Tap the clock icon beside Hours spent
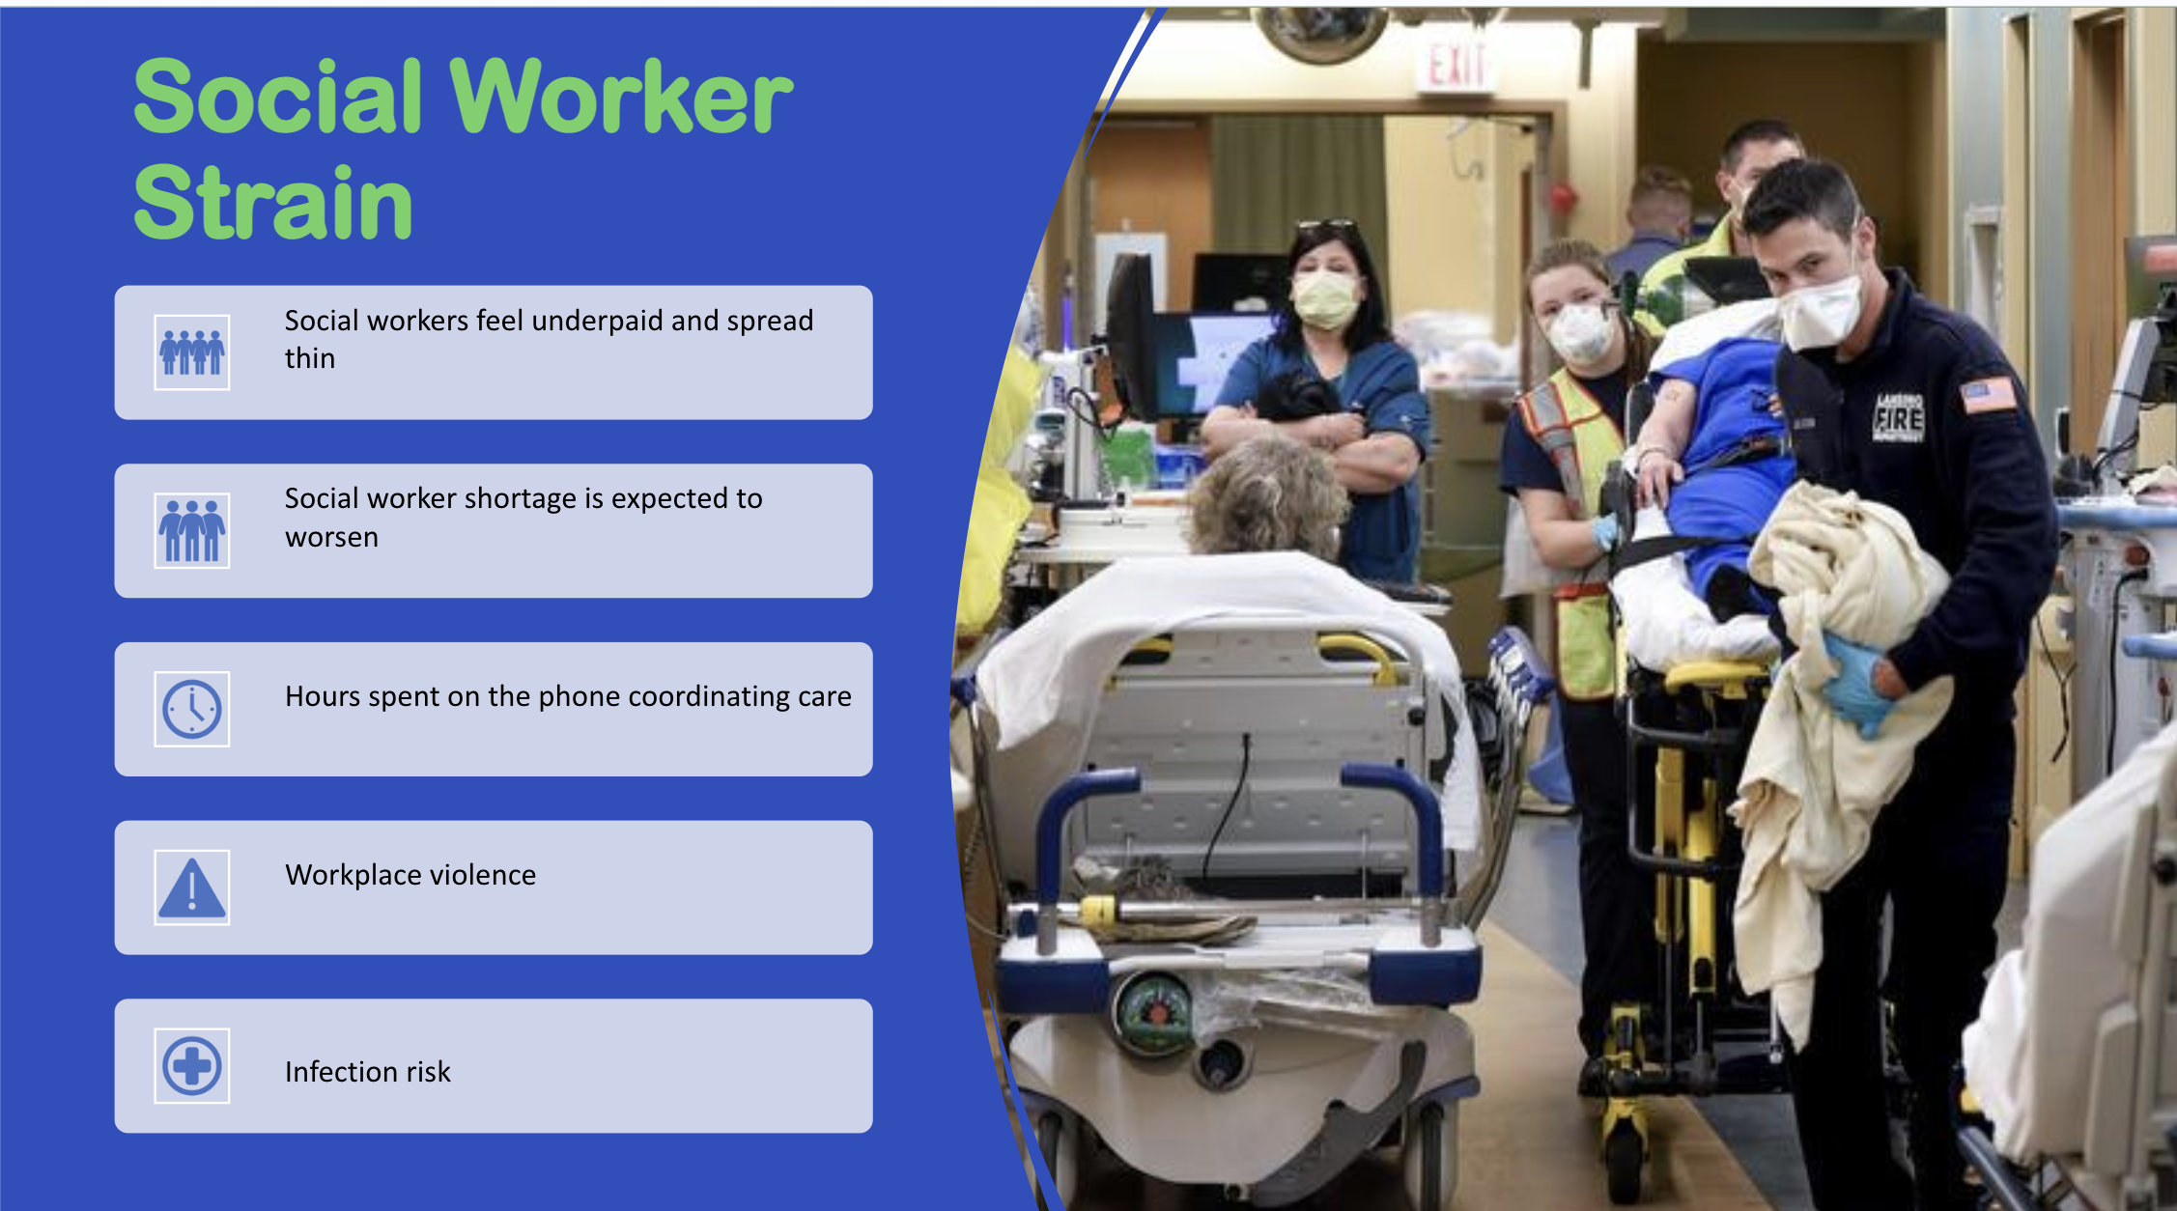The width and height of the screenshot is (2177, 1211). point(192,709)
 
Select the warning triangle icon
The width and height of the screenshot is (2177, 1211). point(192,887)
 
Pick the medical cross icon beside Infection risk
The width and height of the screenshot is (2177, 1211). point(192,1065)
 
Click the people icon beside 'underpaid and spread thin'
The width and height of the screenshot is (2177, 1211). point(192,352)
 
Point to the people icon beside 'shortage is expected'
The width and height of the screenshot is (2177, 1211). point(192,530)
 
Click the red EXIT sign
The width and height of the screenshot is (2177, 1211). point(1456,66)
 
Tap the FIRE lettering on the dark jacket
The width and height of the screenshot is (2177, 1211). point(1898,418)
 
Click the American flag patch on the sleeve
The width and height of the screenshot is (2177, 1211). point(1988,394)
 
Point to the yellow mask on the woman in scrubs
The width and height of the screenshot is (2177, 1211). point(1327,299)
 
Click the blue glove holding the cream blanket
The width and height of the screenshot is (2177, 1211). point(1855,680)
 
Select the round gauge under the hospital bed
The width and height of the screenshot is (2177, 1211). point(1153,1013)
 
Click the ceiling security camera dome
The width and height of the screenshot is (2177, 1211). point(1320,33)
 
